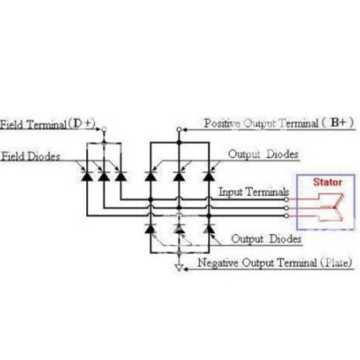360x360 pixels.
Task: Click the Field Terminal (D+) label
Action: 48,124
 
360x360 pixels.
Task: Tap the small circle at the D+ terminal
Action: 104,129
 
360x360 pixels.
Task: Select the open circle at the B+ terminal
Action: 179,129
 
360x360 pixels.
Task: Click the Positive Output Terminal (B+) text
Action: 279,123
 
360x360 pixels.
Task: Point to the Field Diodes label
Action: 31,157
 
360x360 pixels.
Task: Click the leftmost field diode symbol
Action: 87,176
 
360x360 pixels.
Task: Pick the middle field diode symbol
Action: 104,176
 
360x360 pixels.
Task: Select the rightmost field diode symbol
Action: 121,176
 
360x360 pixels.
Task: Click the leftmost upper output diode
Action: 150,176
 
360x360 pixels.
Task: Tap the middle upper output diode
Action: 179,176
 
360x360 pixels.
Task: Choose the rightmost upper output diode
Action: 209,176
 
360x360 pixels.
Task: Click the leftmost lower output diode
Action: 150,229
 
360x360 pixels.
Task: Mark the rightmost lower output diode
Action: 209,229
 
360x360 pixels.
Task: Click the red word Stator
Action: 327,182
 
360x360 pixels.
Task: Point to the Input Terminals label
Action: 254,192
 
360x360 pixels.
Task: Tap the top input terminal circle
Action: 286,200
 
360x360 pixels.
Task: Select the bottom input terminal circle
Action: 286,216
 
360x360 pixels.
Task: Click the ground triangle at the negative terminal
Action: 179,268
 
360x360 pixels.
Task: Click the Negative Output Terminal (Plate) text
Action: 275,262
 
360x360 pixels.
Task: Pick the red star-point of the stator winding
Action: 334,207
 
